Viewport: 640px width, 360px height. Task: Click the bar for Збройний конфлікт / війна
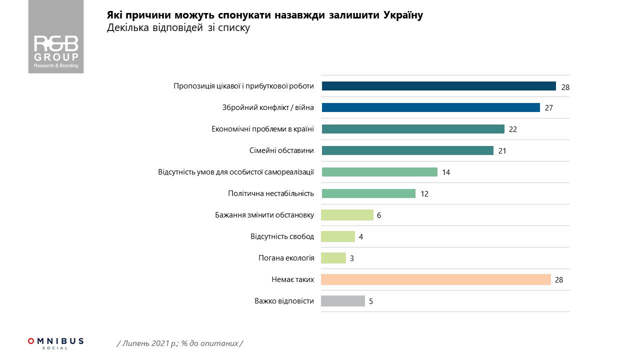click(430, 107)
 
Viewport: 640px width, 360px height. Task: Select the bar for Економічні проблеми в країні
click(413, 129)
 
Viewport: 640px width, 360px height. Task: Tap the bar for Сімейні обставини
click(407, 150)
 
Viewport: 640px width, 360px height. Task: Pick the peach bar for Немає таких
click(435, 279)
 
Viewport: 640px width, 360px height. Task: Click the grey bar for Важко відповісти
click(342, 301)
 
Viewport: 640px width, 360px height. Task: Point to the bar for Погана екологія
click(333, 258)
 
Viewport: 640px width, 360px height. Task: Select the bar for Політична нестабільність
click(368, 193)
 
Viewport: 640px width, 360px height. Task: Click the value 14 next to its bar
click(446, 172)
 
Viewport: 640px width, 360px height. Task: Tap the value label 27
click(548, 108)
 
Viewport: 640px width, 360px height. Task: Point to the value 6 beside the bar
click(379, 215)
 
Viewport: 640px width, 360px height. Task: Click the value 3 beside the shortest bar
click(351, 258)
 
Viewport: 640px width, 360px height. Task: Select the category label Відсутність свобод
click(282, 236)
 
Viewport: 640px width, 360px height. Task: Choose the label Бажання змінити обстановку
click(264, 215)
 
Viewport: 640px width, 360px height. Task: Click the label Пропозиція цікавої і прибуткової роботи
click(243, 86)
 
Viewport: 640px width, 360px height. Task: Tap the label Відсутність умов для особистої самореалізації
click(236, 172)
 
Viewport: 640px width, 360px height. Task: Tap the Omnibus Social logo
click(55, 343)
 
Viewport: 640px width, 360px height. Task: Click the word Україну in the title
click(403, 15)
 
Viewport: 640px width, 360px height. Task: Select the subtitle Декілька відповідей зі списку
click(178, 28)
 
